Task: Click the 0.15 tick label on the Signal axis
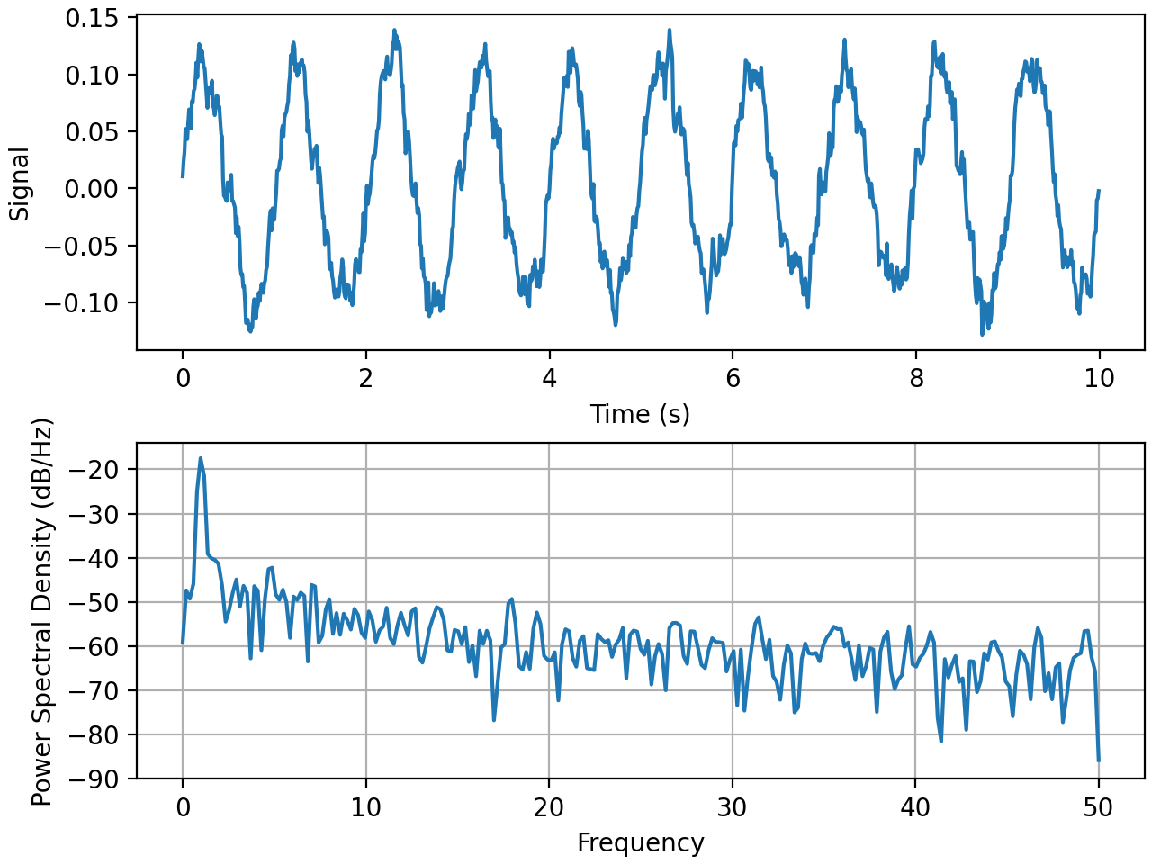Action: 92,18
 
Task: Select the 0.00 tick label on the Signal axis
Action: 92,189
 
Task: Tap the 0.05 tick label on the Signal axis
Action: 92,132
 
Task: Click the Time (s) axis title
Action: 640,414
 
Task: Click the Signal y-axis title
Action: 20,184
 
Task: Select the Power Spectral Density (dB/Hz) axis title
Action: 42,612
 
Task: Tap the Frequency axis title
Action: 640,843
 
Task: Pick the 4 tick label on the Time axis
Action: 549,378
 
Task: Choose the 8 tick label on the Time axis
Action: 916,378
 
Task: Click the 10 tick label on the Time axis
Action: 1099,378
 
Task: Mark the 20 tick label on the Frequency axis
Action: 549,807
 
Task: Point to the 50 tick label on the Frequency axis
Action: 1099,807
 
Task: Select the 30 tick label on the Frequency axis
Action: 733,807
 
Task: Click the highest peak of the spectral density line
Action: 201,458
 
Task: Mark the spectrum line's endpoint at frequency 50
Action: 1099,760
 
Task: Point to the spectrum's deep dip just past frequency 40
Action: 941,741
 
